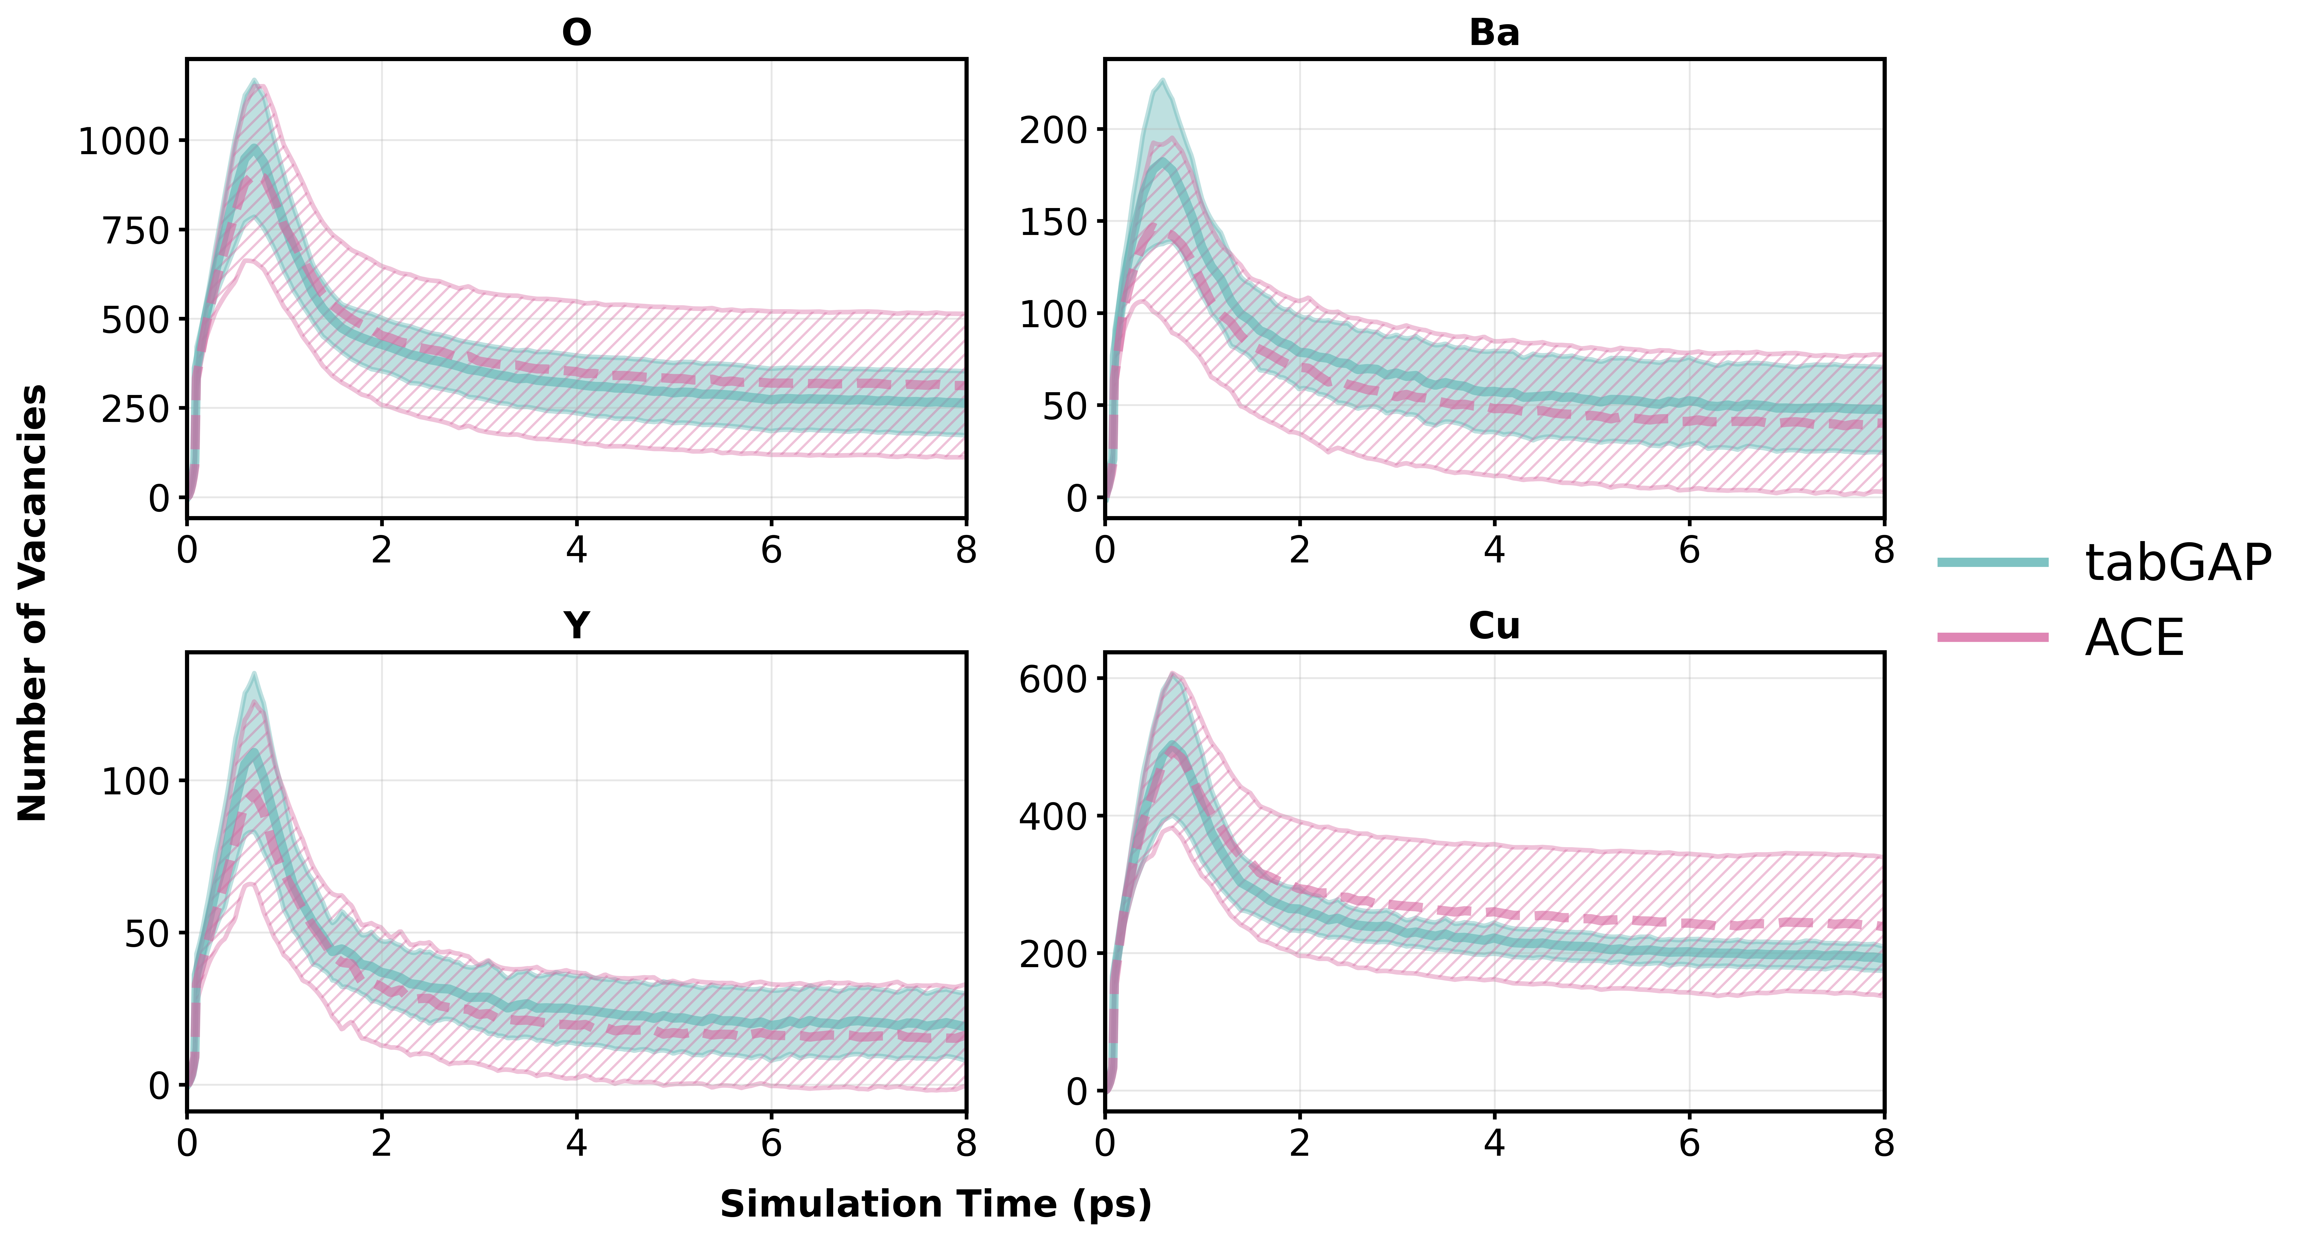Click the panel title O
[x=577, y=33]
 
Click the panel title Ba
[x=1494, y=33]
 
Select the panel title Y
[x=577, y=626]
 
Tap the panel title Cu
[x=1494, y=626]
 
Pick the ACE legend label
[x=2134, y=639]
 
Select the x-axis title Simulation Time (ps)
[x=935, y=1204]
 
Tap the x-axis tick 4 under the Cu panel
[x=1494, y=1144]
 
